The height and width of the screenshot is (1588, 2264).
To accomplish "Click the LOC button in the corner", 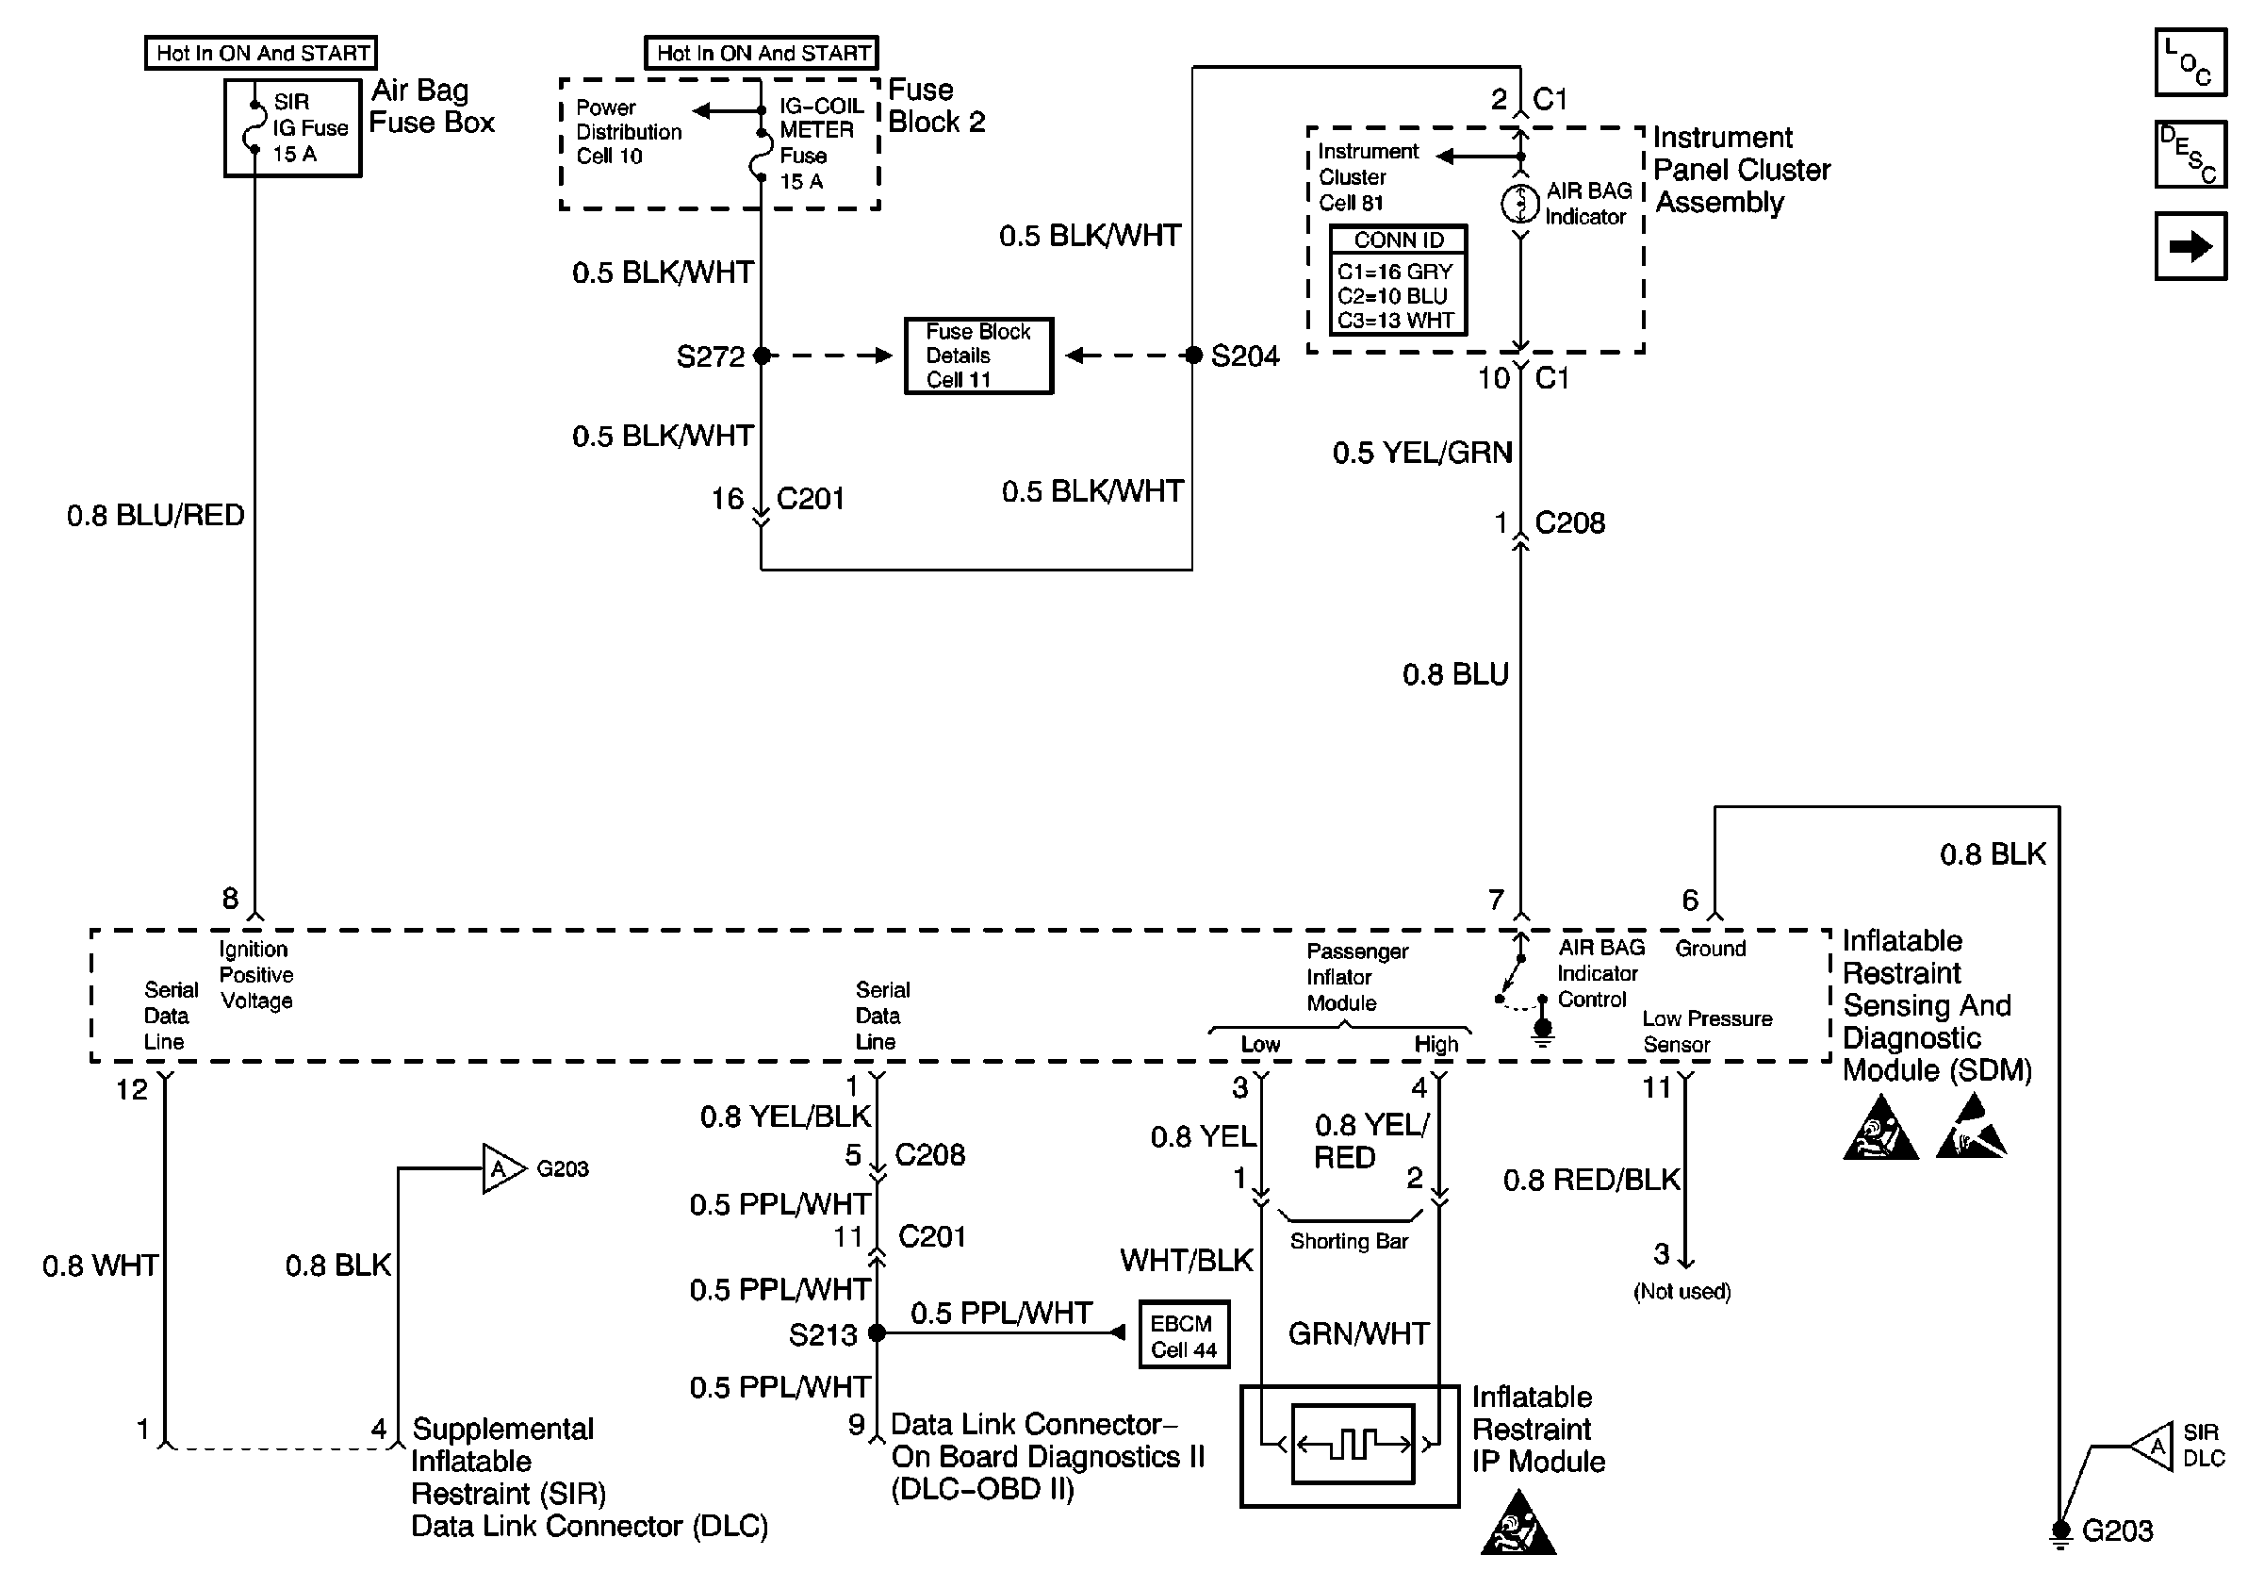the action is coord(2190,62).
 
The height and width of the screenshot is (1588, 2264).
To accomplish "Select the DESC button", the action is coord(2190,154).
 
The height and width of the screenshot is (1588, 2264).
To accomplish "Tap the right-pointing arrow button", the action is coord(2190,245).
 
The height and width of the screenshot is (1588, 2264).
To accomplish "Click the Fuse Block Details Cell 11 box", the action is coord(978,356).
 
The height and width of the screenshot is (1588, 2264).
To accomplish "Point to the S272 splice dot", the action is coord(762,356).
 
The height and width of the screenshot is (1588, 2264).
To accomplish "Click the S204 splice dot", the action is coord(1193,356).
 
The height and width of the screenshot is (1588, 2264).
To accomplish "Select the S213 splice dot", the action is coord(876,1333).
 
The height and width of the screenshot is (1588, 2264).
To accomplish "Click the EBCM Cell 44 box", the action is coord(1183,1335).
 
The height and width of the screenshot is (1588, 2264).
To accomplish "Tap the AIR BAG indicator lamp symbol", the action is coord(1520,203).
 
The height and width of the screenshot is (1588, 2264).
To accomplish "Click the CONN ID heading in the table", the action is coord(1398,240).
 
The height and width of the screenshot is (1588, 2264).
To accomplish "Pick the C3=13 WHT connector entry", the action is coord(1395,321).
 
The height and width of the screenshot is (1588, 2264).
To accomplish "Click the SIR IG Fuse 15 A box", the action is coord(293,128).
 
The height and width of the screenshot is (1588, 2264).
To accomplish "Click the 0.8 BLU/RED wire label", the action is coord(156,515).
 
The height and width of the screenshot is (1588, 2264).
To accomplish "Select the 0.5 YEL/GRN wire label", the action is coord(1422,453).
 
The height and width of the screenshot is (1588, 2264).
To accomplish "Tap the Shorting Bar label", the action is coord(1349,1241).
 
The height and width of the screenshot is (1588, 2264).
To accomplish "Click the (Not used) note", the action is coord(1682,1291).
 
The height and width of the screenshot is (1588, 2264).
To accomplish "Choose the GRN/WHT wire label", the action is coord(1359,1333).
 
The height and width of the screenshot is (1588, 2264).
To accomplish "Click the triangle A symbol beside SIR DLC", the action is coord(2152,1447).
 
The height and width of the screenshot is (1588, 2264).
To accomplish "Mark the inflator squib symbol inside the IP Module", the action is coord(1353,1445).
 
